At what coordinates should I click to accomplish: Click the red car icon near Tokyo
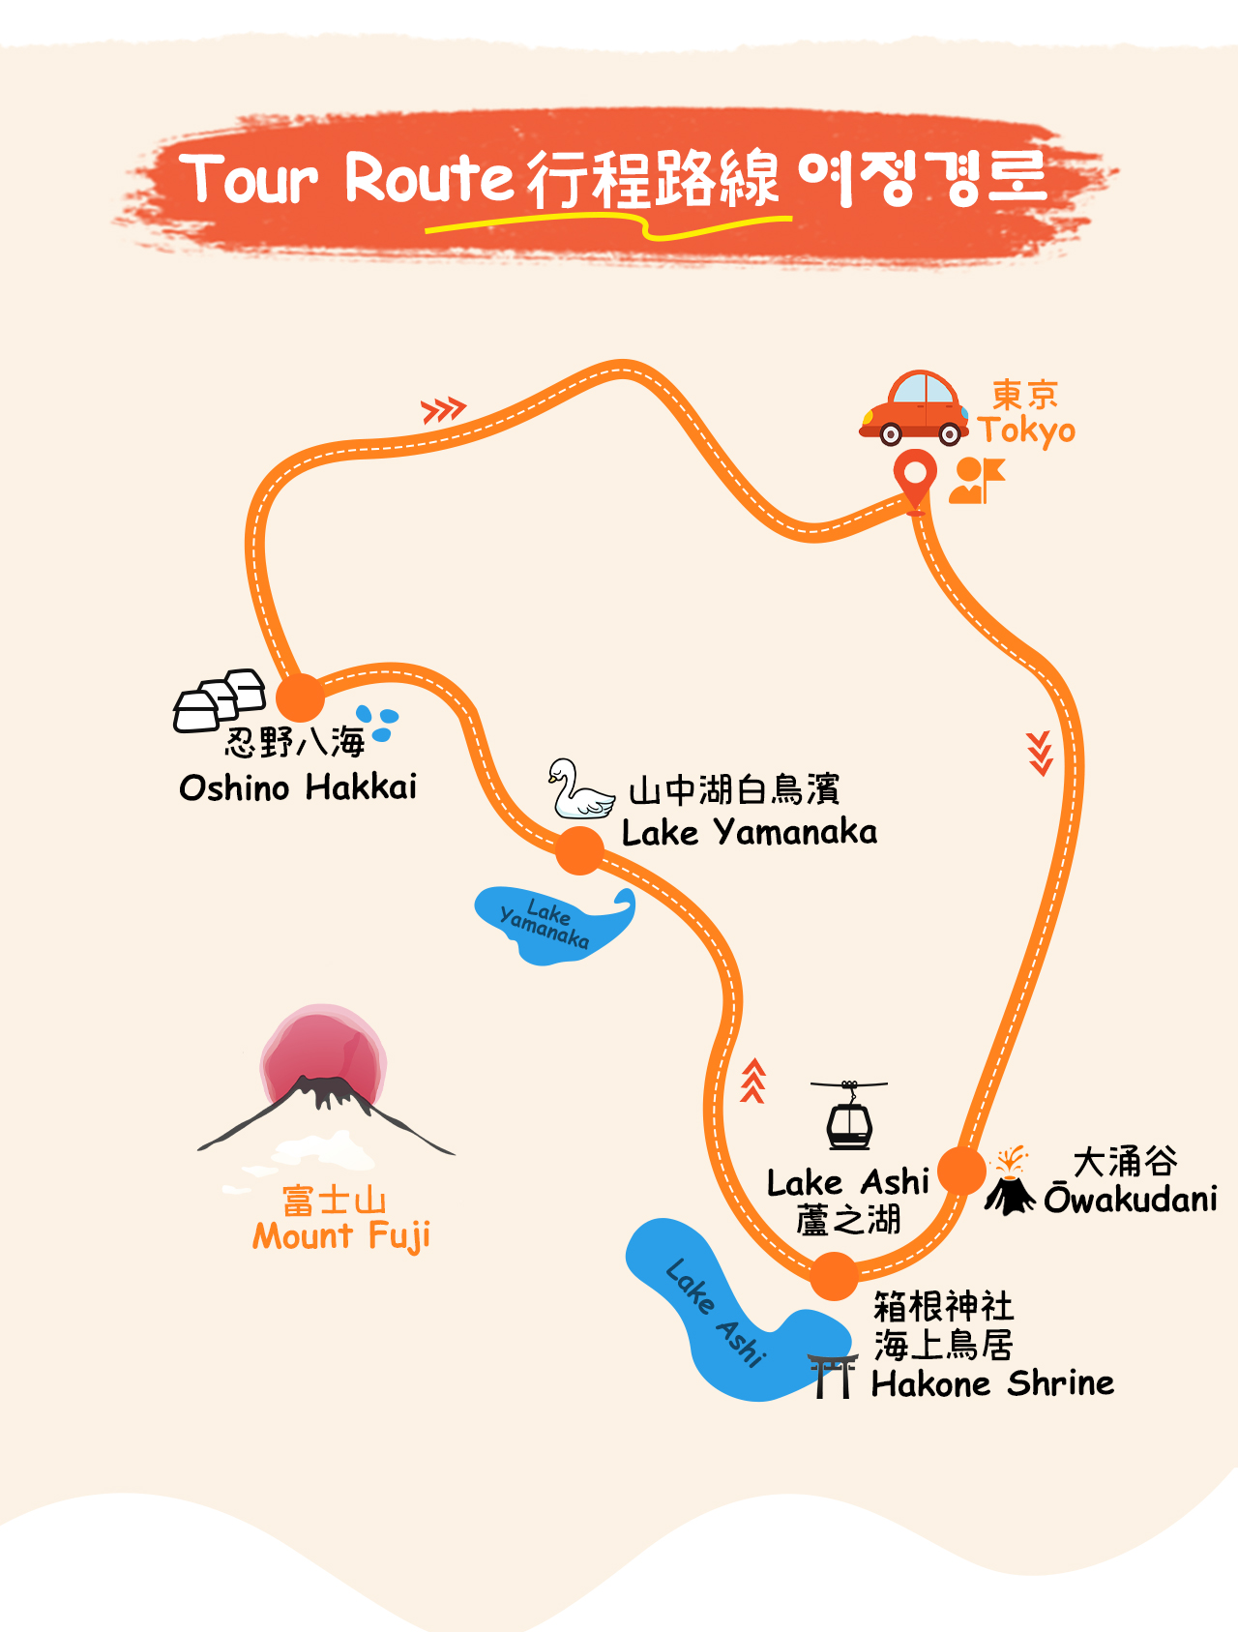click(x=914, y=407)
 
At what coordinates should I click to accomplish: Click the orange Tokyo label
click(x=1026, y=430)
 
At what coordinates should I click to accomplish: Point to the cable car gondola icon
click(x=849, y=1114)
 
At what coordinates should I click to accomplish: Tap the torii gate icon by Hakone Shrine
click(x=833, y=1376)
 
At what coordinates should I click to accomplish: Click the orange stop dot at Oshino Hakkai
click(x=300, y=697)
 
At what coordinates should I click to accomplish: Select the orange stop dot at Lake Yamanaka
click(x=579, y=850)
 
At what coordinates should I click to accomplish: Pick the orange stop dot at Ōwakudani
click(x=962, y=1171)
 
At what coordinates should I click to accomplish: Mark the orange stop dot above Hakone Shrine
click(x=834, y=1276)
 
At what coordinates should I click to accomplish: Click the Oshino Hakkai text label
click(x=298, y=787)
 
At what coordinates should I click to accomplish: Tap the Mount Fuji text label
click(x=341, y=1236)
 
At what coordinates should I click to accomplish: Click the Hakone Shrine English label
click(x=992, y=1383)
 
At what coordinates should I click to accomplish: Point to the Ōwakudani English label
click(x=1131, y=1199)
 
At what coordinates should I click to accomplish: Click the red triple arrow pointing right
click(x=444, y=410)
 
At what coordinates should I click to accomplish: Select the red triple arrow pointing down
click(x=1040, y=754)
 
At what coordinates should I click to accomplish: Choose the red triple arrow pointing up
click(x=753, y=1082)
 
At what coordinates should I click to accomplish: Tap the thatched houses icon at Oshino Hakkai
click(x=220, y=699)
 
